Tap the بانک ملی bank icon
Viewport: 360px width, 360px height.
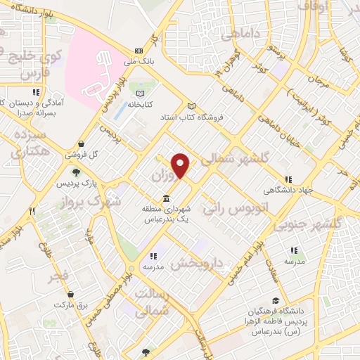pyautogui.click(x=139, y=51)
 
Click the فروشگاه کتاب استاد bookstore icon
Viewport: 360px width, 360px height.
pyautogui.click(x=191, y=106)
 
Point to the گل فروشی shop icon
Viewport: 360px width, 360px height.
pyautogui.click(x=82, y=143)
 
